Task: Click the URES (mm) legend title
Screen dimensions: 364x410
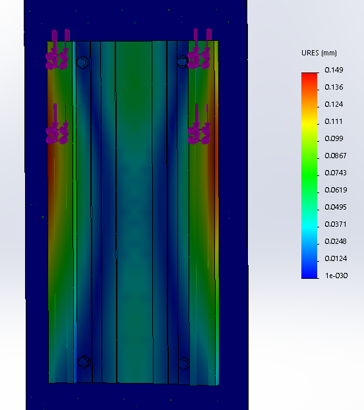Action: (319, 53)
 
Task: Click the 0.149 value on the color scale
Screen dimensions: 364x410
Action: (334, 70)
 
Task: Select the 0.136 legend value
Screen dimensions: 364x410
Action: (334, 87)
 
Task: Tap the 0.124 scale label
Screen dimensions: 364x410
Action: (334, 104)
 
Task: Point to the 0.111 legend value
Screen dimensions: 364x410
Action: (334, 121)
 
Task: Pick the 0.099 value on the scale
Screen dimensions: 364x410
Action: (334, 138)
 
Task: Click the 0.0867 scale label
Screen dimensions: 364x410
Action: (336, 156)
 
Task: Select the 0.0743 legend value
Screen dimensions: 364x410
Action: (336, 173)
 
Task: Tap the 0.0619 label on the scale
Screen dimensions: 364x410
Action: (336, 190)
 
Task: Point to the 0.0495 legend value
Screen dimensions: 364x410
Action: (336, 207)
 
